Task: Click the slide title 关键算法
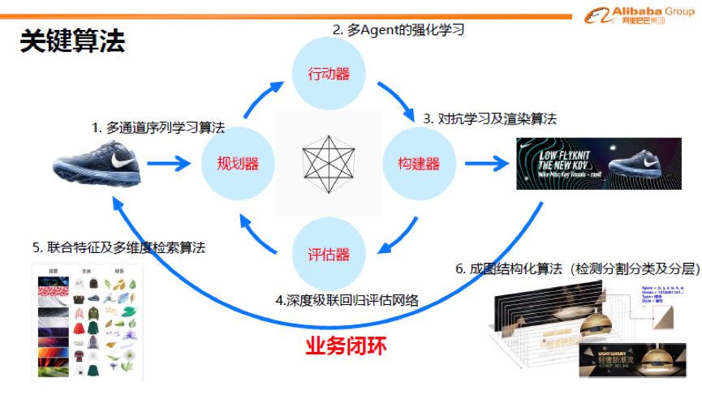72,41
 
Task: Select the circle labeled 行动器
329,74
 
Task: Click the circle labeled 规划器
238,164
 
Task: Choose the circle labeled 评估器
329,254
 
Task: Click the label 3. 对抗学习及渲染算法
489,118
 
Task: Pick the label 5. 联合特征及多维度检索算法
118,247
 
